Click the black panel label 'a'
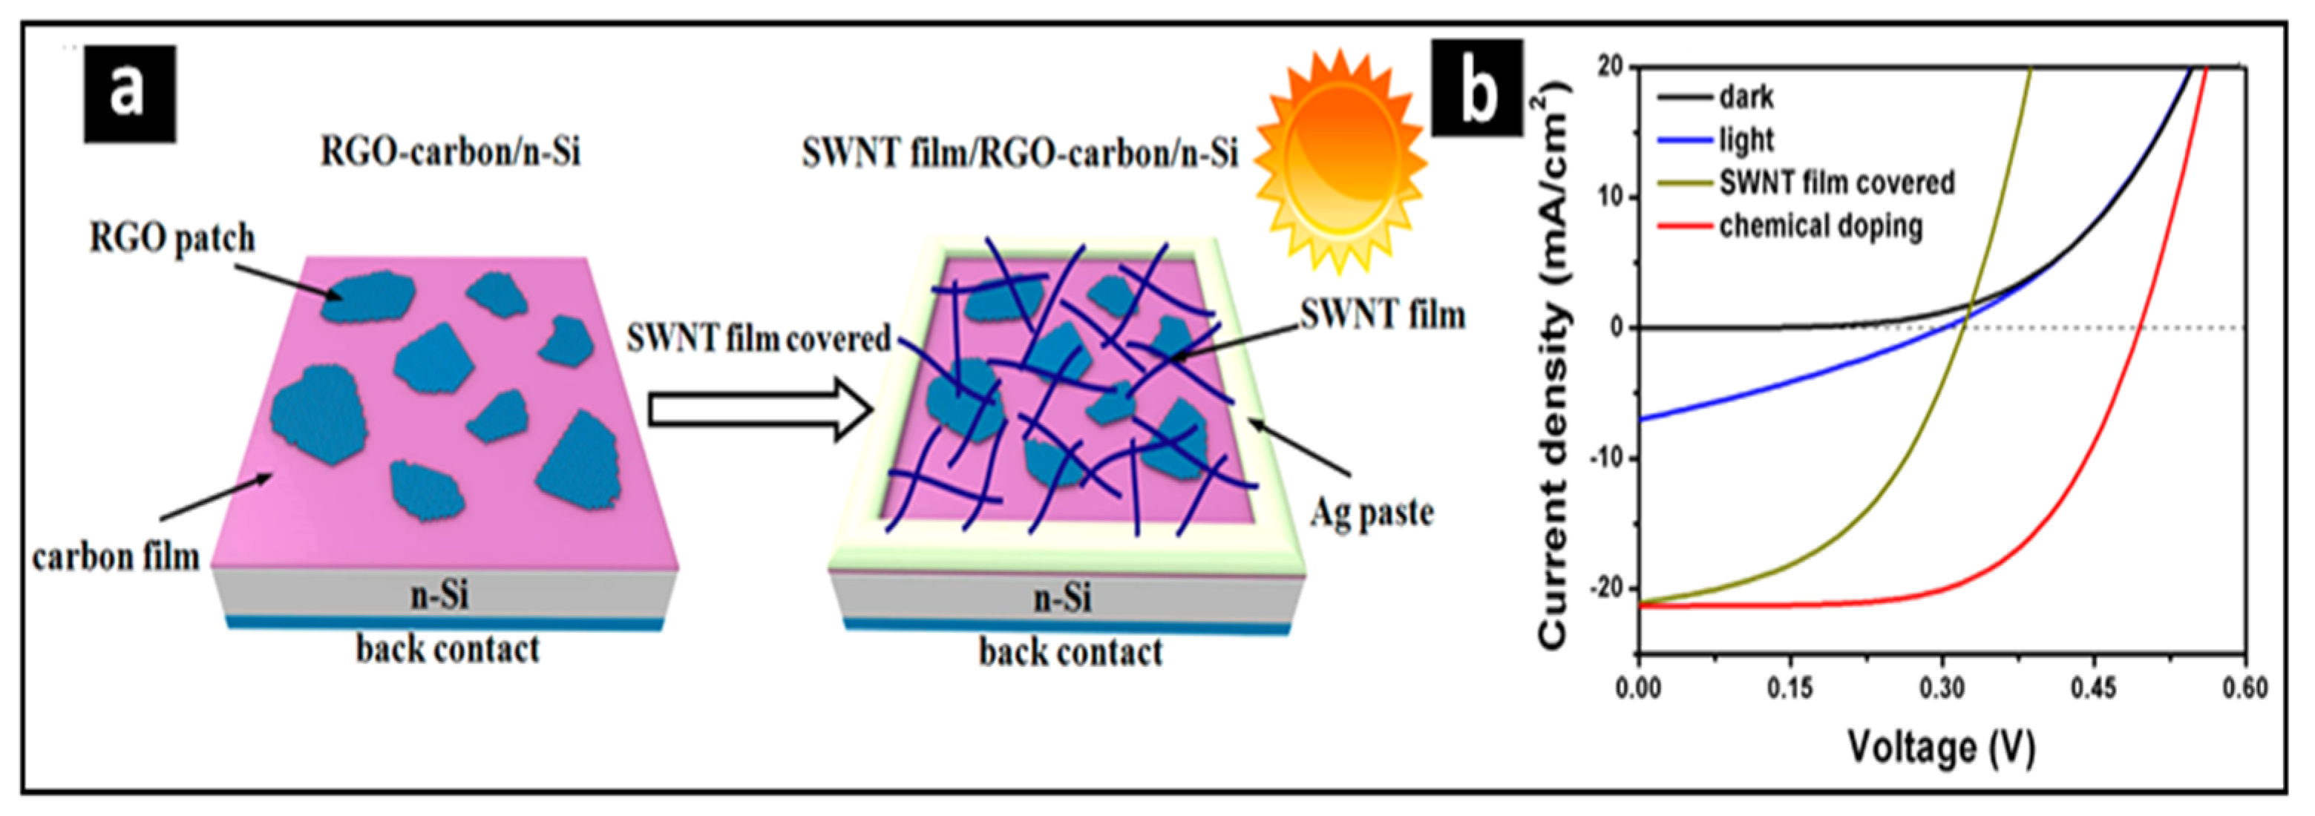(129, 93)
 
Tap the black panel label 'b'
(1476, 89)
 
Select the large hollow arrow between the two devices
(759, 409)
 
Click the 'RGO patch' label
(172, 239)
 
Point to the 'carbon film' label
(116, 558)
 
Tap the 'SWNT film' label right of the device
(1383, 315)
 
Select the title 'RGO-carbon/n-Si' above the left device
(451, 152)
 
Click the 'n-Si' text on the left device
(439, 595)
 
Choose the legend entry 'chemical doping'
(1821, 226)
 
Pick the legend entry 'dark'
(1746, 96)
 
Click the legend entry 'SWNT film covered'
(1836, 183)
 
